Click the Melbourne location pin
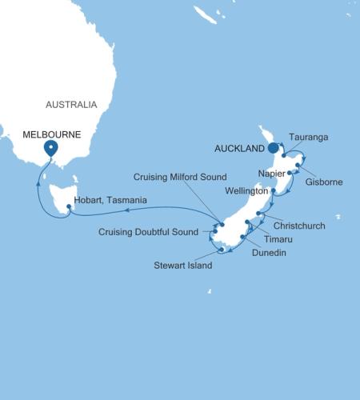[51, 148]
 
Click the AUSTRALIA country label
[70, 105]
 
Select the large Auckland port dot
[273, 147]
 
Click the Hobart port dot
[69, 207]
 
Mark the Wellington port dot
[274, 191]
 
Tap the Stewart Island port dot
[218, 250]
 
